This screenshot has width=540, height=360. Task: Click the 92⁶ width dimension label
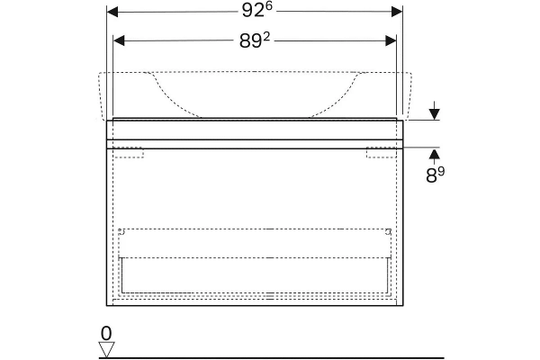[x=256, y=11]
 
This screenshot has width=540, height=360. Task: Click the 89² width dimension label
[x=255, y=41]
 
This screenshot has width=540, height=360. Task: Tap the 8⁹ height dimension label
[x=435, y=175]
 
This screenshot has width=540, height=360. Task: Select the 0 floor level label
[x=106, y=334]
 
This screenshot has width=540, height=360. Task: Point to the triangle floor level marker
[x=107, y=349]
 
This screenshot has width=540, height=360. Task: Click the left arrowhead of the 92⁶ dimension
[x=112, y=12]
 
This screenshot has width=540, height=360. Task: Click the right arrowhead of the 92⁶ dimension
[x=397, y=12]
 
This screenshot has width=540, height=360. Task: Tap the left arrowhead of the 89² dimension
[x=119, y=41]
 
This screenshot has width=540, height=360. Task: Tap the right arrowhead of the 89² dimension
[x=391, y=41]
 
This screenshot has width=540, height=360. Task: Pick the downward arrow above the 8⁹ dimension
[x=435, y=111]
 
